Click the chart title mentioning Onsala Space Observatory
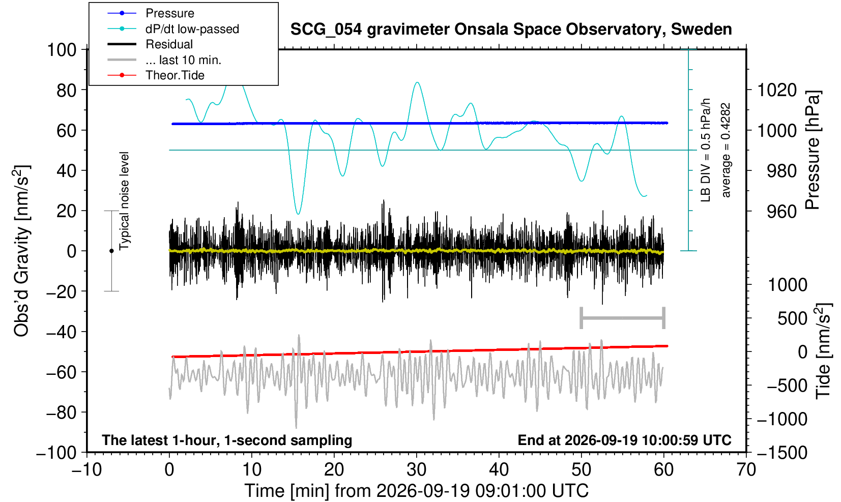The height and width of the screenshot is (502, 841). pos(511,29)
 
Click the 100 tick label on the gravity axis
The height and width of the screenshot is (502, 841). pos(62,50)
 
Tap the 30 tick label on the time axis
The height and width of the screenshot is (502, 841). pos(416,470)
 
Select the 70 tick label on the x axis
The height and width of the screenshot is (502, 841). pos(746,470)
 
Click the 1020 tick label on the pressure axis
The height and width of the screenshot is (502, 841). pos(777,90)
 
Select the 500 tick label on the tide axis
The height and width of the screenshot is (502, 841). pos(792,319)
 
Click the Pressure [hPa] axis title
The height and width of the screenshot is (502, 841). pos(814,150)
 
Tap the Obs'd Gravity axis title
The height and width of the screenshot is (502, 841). pos(22,251)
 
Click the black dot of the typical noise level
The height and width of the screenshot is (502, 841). pos(111,251)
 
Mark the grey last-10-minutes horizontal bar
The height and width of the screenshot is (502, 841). pos(623,318)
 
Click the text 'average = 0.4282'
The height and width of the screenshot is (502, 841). pos(726,150)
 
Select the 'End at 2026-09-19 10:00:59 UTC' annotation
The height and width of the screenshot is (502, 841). pos(624,440)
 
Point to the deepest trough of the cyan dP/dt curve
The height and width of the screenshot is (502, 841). pos(298,214)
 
